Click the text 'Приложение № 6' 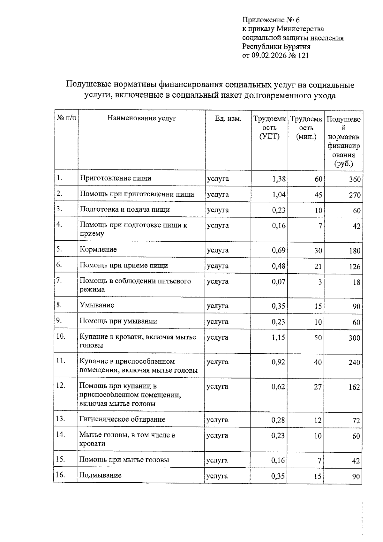[x=271, y=20]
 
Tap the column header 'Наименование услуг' [x=141, y=118]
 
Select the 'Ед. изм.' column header [x=228, y=119]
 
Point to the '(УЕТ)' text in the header [x=269, y=137]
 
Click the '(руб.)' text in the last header [x=343, y=164]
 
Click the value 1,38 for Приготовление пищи [x=279, y=179]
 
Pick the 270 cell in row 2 [x=355, y=195]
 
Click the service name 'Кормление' [x=98, y=250]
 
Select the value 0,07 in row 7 [x=278, y=282]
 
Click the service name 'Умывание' [x=96, y=305]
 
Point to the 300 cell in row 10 [x=354, y=338]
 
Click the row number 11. [x=61, y=361]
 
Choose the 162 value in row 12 [x=354, y=387]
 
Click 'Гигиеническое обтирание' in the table [x=122, y=419]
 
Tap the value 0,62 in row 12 [x=278, y=387]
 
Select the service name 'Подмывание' [x=100, y=475]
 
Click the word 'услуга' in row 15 [x=217, y=460]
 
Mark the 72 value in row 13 [x=356, y=421]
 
